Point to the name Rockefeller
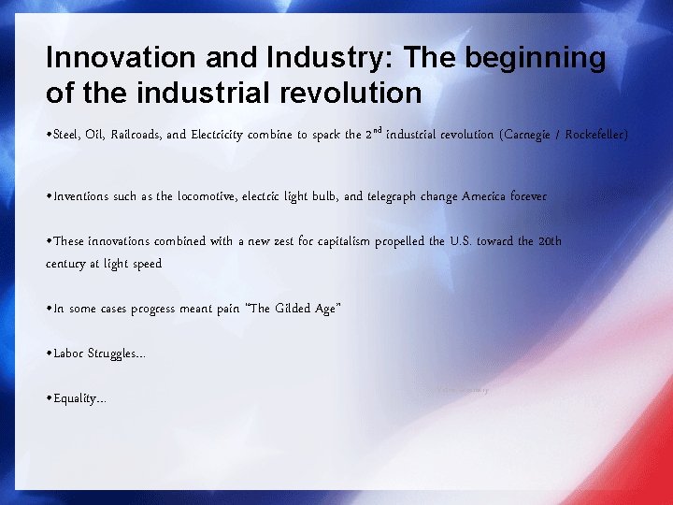596,135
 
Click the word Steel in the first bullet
66,135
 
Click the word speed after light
145,264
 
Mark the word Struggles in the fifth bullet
116,353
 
